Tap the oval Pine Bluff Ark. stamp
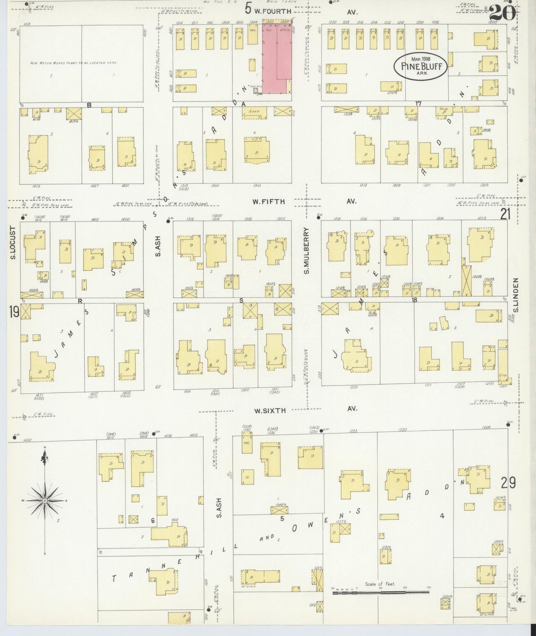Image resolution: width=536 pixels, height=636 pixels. pyautogui.click(x=420, y=66)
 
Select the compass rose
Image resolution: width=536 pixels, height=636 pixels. pyautogui.click(x=45, y=501)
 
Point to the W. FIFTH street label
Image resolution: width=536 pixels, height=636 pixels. pyautogui.click(x=269, y=201)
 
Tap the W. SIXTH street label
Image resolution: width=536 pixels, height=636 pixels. pyautogui.click(x=270, y=410)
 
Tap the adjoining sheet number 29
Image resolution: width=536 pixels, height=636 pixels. pyautogui.click(x=508, y=483)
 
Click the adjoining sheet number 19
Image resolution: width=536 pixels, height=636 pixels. pyautogui.click(x=14, y=312)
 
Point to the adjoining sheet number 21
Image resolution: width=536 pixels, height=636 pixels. pyautogui.click(x=505, y=214)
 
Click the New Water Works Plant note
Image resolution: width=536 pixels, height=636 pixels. pyautogui.click(x=74, y=63)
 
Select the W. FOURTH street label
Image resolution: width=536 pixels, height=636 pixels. pyautogui.click(x=273, y=12)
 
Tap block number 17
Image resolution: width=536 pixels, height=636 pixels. pyautogui.click(x=418, y=104)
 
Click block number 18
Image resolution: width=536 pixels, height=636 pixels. pyautogui.click(x=414, y=299)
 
